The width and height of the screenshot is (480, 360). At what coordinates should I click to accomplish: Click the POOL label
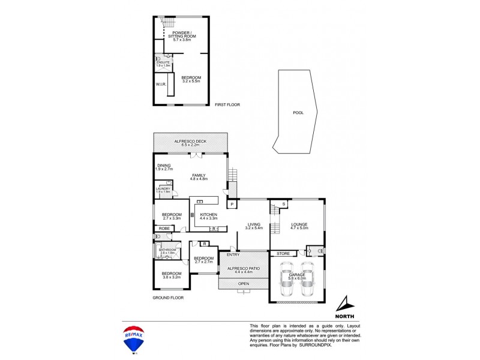click(x=298, y=112)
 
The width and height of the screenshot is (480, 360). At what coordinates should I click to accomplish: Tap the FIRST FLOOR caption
click(x=227, y=105)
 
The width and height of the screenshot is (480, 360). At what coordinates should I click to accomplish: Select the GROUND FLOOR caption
click(x=168, y=298)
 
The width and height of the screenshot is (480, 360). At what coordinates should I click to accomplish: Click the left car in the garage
click(x=286, y=280)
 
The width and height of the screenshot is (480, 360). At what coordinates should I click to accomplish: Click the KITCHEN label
click(x=208, y=214)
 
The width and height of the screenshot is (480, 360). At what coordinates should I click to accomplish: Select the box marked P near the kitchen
click(x=231, y=204)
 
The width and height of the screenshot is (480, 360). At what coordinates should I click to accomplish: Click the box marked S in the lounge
click(x=282, y=204)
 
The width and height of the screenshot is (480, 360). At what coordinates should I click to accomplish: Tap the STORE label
click(x=283, y=254)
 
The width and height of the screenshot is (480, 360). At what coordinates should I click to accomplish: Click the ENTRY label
click(x=233, y=255)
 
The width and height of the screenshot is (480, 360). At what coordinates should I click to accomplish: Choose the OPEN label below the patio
click(x=243, y=284)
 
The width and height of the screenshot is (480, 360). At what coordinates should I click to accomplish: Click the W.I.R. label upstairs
click(x=160, y=84)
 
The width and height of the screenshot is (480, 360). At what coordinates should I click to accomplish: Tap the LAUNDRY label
click(x=163, y=189)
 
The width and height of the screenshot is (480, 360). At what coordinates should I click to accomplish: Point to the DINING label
click(x=164, y=165)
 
